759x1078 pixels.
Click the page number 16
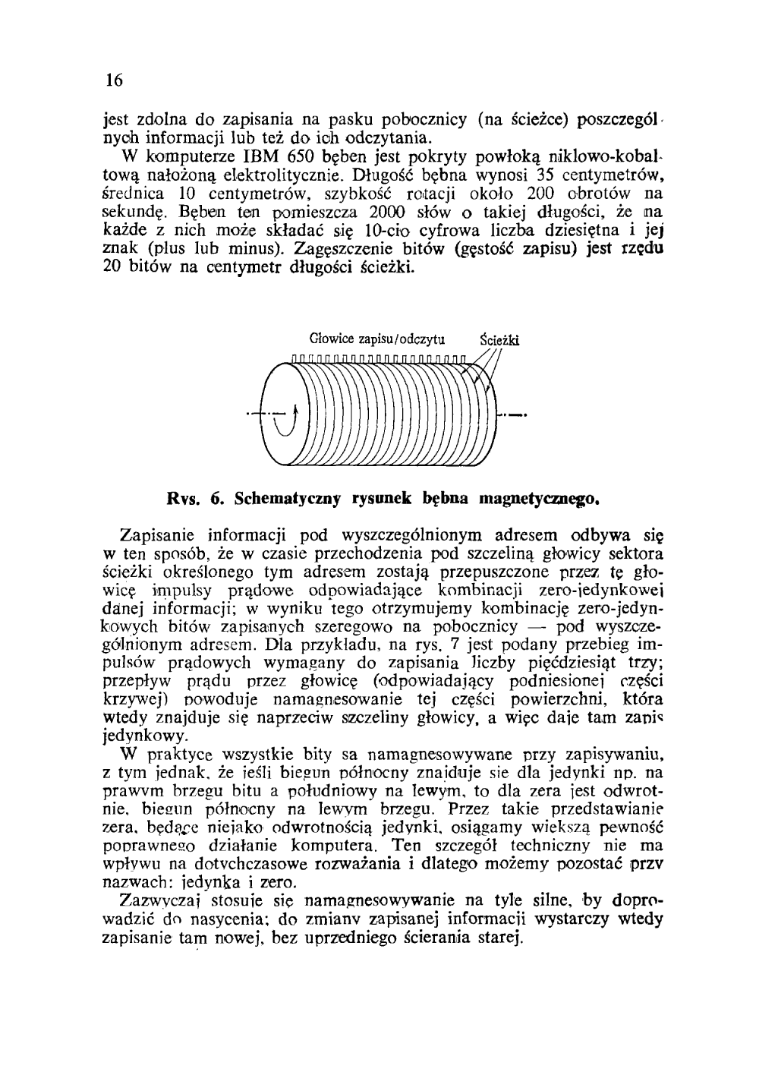coord(115,80)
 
